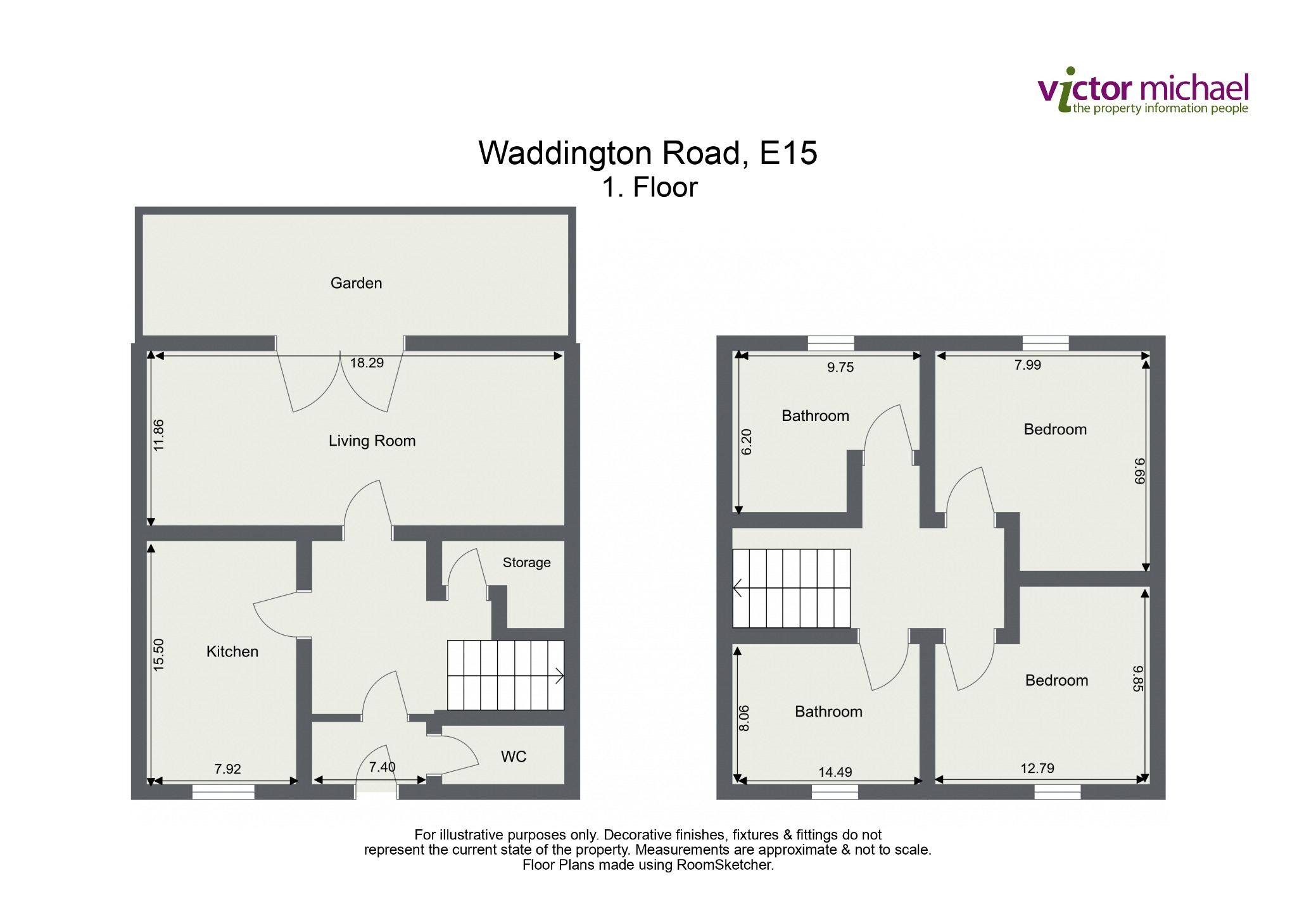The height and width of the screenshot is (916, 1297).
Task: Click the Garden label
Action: coord(356,283)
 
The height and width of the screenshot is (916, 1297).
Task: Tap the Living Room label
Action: coord(372,441)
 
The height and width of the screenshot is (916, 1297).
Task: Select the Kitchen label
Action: coord(232,651)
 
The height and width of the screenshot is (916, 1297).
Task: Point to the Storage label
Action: coord(526,563)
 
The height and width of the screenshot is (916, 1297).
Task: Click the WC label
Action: coord(514,756)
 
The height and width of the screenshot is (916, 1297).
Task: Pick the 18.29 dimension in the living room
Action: coord(367,363)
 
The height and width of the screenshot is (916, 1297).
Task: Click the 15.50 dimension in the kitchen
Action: coord(158,655)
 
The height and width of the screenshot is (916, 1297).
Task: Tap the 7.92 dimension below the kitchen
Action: coord(227,769)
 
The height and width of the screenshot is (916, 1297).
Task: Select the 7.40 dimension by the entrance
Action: coord(383,767)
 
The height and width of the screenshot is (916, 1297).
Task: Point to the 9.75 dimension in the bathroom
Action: coord(840,367)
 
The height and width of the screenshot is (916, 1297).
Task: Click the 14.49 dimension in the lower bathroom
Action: coord(835,772)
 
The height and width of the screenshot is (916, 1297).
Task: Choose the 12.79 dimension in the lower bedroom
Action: coord(1037,769)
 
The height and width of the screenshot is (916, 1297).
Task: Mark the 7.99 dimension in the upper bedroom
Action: coord(1027,365)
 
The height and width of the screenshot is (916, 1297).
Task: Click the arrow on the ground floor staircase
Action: coord(559,675)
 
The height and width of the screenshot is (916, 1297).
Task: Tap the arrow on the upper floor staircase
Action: coord(737,588)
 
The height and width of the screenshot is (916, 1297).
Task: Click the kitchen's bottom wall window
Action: coord(224,792)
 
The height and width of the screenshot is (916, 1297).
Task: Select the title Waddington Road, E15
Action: coord(648,154)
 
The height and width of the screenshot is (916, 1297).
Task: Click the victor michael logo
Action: coord(1143,91)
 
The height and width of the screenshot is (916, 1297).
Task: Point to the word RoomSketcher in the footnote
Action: coord(724,865)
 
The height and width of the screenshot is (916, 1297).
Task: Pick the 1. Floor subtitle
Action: coord(650,187)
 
